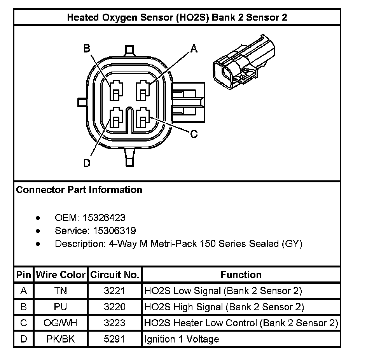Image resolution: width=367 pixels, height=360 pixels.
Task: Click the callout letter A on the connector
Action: coord(194,49)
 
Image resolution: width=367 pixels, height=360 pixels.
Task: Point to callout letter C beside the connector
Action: coord(194,135)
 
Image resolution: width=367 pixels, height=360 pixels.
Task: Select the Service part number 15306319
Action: coord(114,231)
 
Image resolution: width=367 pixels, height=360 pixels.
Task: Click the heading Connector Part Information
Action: coord(79,190)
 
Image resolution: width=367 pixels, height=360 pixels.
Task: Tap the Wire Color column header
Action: coord(60,275)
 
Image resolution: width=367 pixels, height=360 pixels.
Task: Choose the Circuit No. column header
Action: coord(115,275)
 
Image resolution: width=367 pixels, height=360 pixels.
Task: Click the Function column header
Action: coord(241,275)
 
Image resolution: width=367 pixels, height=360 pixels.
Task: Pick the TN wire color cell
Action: coord(60,291)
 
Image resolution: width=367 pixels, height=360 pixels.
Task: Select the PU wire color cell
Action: coord(60,307)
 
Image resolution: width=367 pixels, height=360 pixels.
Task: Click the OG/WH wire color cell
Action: coord(60,323)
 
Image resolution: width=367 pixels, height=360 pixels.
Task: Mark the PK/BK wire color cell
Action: coord(60,339)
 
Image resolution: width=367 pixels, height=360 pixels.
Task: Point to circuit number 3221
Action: coord(115,291)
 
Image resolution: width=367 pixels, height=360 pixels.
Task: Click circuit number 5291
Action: coord(115,339)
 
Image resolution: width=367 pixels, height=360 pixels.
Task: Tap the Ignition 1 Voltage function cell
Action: coord(182,339)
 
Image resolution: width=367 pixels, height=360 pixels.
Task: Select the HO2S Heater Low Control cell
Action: coord(241,323)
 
